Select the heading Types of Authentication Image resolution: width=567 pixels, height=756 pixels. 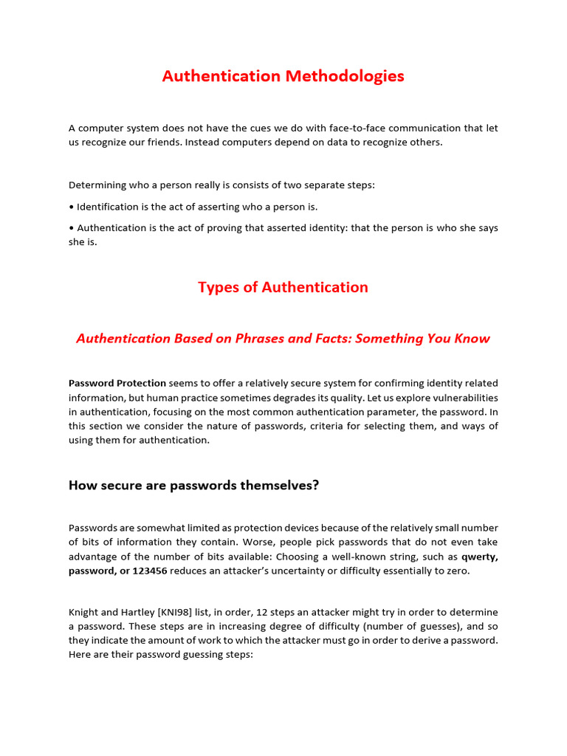(283, 287)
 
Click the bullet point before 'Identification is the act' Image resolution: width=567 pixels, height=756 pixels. (71, 207)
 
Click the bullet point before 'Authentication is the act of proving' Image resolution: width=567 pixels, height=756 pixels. (71, 227)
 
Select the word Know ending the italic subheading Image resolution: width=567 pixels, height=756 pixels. (471, 338)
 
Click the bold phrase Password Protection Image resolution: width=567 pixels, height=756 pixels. (117, 383)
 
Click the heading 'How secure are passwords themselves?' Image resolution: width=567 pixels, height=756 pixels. (194, 485)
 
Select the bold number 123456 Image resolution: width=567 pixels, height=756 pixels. (150, 571)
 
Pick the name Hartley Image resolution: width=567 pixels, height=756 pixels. (133, 612)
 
